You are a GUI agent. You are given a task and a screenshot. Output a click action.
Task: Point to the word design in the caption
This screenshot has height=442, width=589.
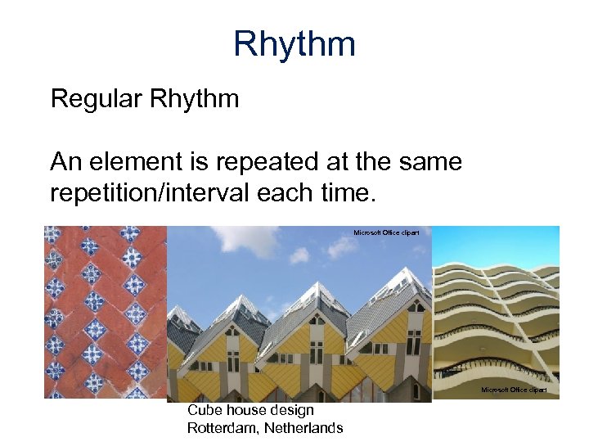(290, 410)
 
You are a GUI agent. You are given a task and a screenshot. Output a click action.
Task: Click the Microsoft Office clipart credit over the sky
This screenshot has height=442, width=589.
(386, 233)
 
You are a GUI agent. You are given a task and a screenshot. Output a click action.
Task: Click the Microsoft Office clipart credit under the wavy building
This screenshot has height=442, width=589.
(514, 390)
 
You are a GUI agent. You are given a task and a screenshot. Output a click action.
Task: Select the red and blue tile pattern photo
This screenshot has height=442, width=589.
(105, 311)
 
